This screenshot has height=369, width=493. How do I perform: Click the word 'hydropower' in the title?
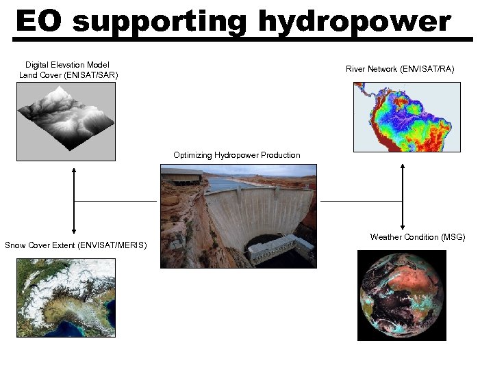354,23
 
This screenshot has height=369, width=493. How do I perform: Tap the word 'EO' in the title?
39,21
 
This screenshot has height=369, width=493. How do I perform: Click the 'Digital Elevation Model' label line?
67,65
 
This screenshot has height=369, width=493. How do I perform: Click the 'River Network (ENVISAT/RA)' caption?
400,69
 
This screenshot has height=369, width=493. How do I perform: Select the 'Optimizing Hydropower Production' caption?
237,155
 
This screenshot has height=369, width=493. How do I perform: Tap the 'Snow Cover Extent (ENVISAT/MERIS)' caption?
75,245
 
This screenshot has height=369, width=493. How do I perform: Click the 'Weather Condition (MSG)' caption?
418,237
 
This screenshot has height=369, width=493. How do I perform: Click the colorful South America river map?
407,117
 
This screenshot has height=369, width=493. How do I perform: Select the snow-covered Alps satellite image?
66,293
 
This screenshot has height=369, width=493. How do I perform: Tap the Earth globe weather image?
402,295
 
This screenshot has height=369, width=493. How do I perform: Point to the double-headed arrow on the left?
73,201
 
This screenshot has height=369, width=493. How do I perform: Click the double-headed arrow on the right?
403,196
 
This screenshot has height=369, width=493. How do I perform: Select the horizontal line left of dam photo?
116,202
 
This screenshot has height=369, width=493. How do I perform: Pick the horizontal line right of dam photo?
361,202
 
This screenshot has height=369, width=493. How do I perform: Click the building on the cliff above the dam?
182,177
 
